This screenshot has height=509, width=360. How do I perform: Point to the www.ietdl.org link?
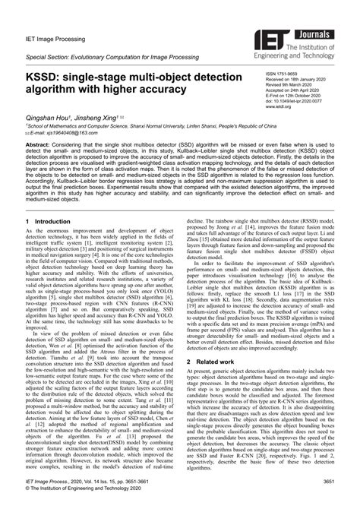[x=276, y=107]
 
